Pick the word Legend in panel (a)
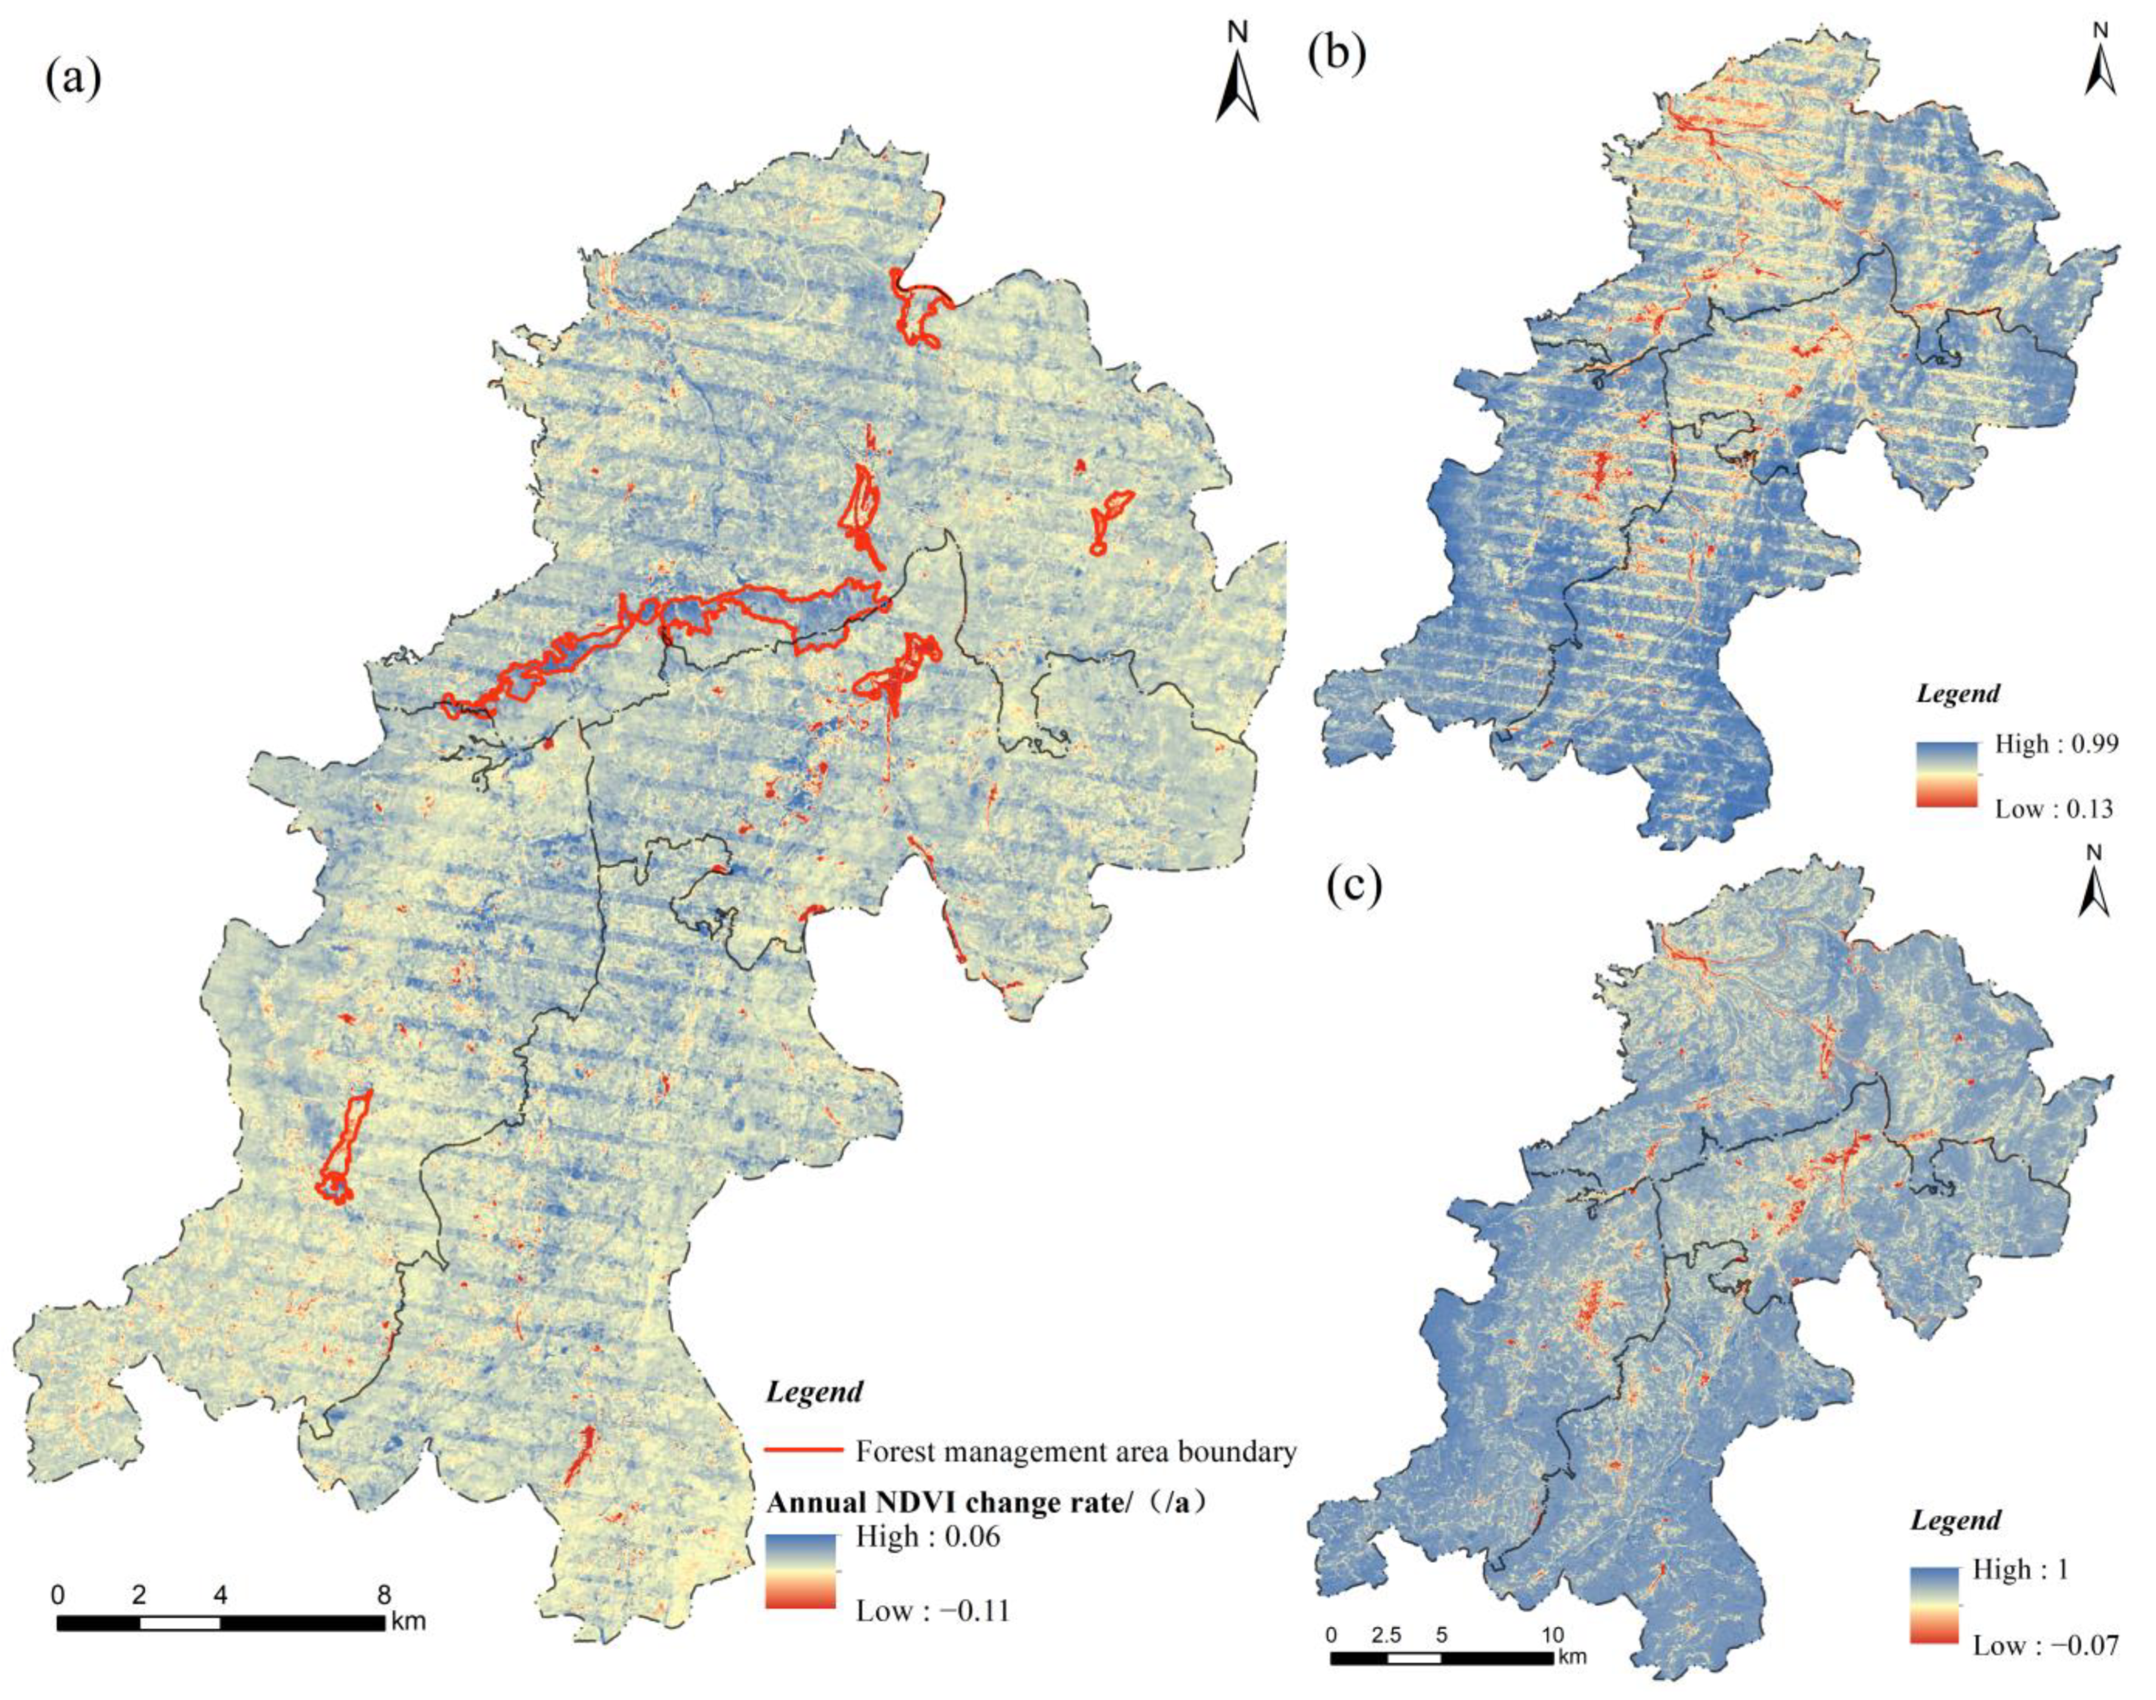[814, 1391]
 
